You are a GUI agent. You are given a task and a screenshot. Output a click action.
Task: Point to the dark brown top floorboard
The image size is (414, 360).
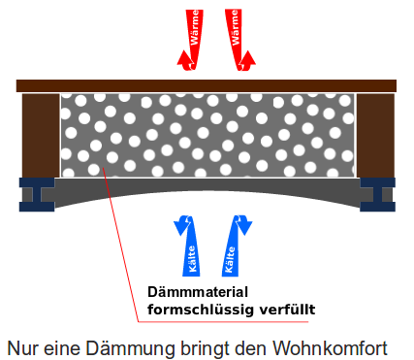tap(206, 85)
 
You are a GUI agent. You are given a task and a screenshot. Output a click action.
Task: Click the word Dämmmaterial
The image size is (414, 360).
tap(198, 291)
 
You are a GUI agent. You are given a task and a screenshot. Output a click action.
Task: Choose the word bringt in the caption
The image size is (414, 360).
tap(208, 346)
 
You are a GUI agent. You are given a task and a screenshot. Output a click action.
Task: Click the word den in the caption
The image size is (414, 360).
tap(255, 346)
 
